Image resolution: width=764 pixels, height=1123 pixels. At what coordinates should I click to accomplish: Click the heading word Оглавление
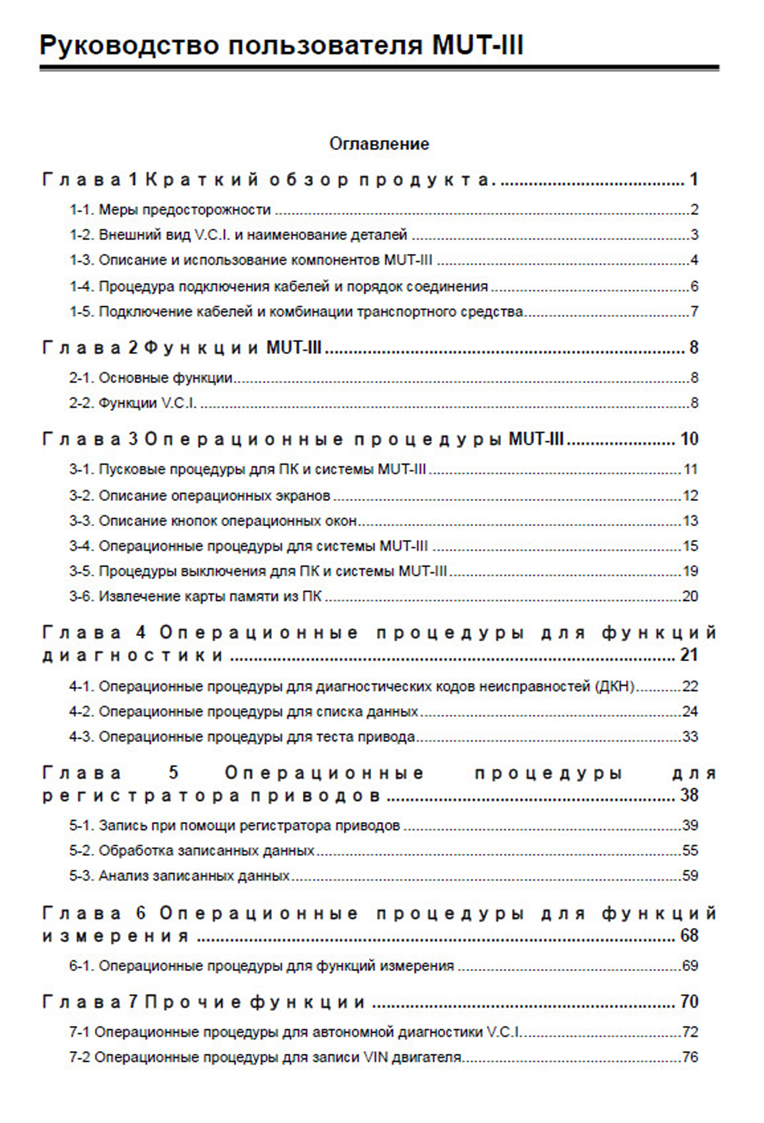point(379,144)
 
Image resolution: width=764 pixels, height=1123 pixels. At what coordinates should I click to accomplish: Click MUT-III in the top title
point(477,45)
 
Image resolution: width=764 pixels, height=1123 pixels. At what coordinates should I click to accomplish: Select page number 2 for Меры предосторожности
point(694,210)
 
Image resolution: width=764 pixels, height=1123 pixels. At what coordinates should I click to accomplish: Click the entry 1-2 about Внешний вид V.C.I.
point(238,235)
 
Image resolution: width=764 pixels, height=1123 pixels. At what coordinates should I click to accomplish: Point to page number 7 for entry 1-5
point(694,312)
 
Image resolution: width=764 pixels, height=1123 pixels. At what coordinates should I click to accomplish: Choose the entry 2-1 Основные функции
point(151,378)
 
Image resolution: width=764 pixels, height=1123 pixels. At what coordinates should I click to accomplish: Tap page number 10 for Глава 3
point(689,440)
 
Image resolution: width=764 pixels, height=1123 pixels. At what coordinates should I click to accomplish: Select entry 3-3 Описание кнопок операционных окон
point(213,521)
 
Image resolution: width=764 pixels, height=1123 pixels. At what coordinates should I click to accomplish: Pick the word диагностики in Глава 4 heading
point(133,656)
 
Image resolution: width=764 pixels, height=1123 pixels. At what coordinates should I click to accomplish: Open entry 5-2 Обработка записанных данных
point(192,851)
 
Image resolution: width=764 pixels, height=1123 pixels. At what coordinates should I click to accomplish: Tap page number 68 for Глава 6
point(689,936)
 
